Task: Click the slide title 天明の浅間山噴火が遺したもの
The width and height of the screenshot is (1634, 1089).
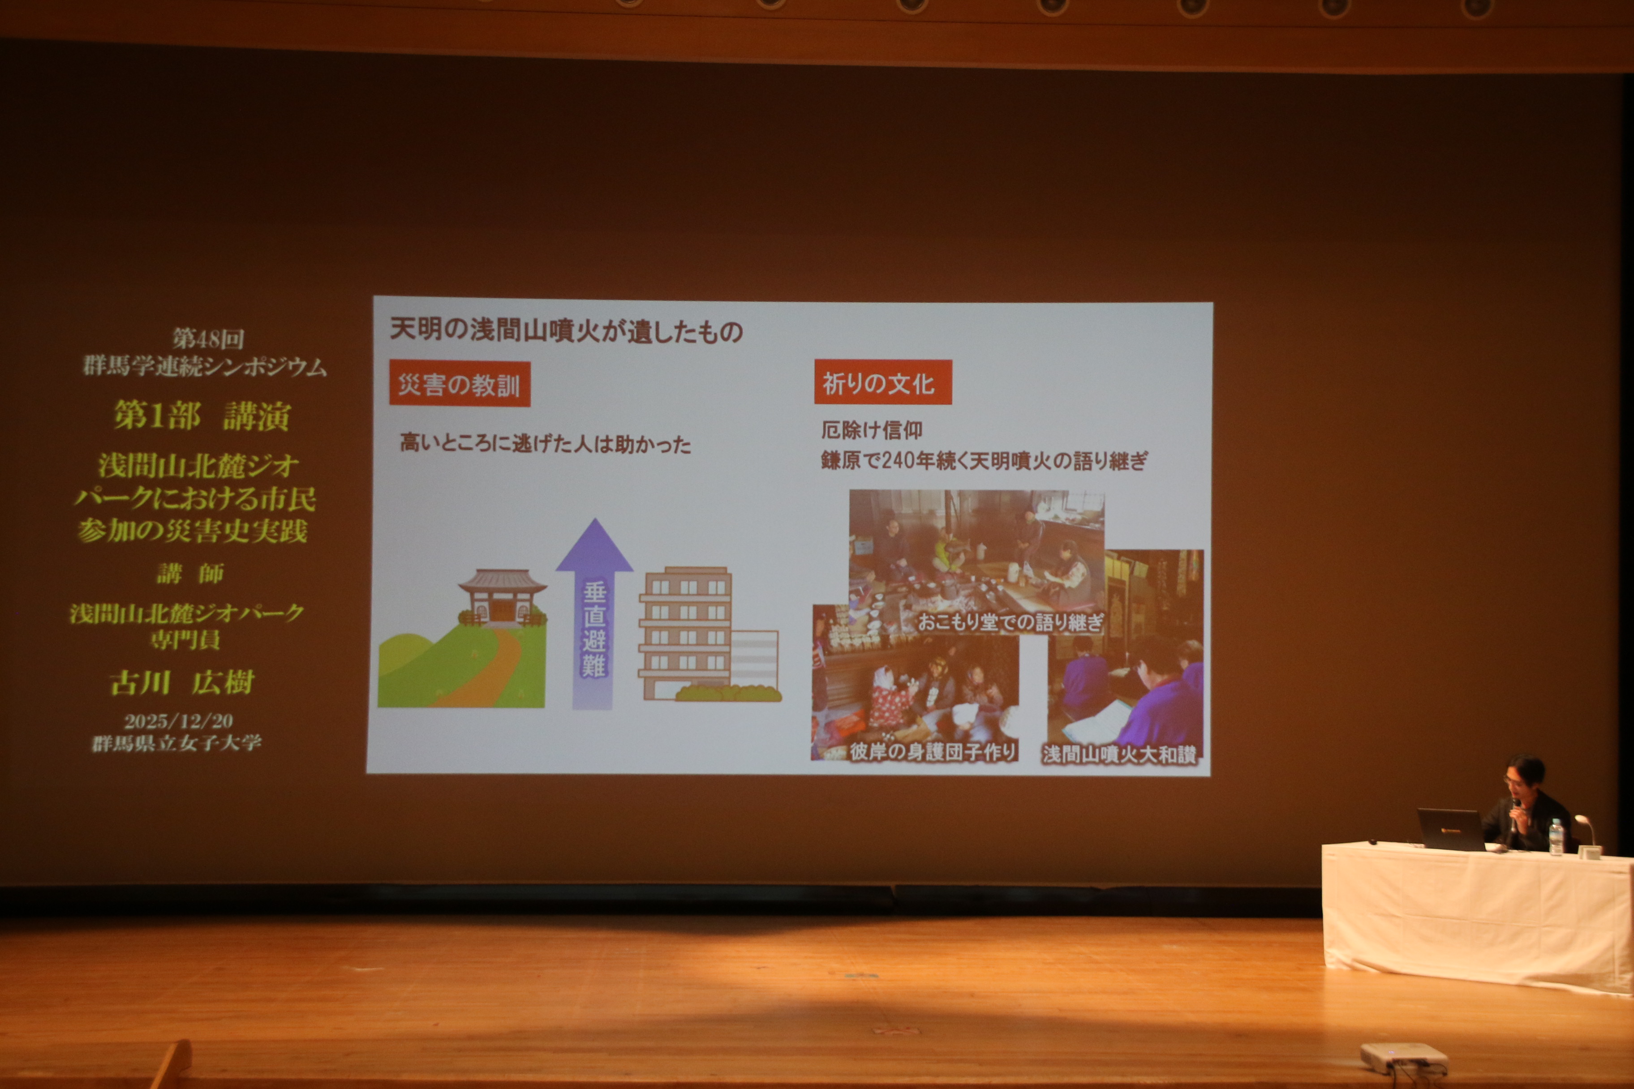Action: pos(566,330)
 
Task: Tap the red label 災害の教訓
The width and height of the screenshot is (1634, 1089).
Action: pos(459,384)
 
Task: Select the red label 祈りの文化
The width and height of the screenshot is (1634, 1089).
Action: pos(882,383)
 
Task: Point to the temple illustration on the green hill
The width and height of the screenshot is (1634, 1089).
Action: pos(502,597)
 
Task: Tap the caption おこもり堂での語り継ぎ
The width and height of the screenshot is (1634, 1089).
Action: pos(1010,621)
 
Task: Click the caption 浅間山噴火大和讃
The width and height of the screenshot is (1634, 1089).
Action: pos(1119,754)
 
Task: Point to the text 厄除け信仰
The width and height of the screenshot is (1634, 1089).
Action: pos(872,431)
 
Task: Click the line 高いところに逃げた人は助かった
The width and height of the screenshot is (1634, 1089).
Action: pos(546,444)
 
